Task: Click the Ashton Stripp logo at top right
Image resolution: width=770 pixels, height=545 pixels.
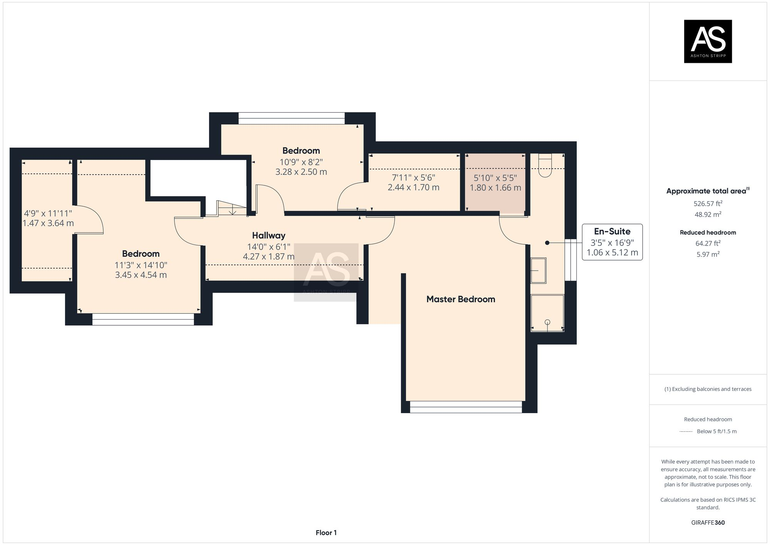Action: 708,41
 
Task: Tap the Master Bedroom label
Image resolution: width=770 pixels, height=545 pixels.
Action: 460,299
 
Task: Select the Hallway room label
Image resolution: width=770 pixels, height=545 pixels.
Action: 269,235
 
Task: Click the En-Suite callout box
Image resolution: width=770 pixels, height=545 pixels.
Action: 612,242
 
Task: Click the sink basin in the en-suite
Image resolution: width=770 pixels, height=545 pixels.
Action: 538,270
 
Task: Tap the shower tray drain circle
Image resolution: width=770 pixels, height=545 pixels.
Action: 547,322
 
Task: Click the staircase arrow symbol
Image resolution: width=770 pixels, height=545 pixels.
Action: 233,211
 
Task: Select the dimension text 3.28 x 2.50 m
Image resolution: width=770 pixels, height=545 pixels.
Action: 301,172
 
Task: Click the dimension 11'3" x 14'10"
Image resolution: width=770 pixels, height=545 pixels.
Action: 141,265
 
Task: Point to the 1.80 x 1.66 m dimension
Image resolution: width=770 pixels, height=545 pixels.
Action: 495,188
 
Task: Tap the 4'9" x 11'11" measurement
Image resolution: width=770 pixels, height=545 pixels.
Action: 48,213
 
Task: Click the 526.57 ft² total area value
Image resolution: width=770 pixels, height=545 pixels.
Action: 708,204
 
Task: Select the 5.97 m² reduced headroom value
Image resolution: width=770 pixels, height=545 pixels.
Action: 708,254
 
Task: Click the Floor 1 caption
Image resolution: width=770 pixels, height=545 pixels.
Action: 326,533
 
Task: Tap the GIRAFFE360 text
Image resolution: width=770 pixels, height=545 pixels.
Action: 708,523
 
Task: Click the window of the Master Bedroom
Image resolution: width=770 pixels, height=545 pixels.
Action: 466,407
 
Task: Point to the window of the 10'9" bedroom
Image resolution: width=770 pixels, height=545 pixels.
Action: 291,118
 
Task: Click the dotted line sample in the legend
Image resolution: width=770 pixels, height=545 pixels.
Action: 686,432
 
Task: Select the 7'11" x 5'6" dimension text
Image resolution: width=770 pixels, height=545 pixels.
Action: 413,178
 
